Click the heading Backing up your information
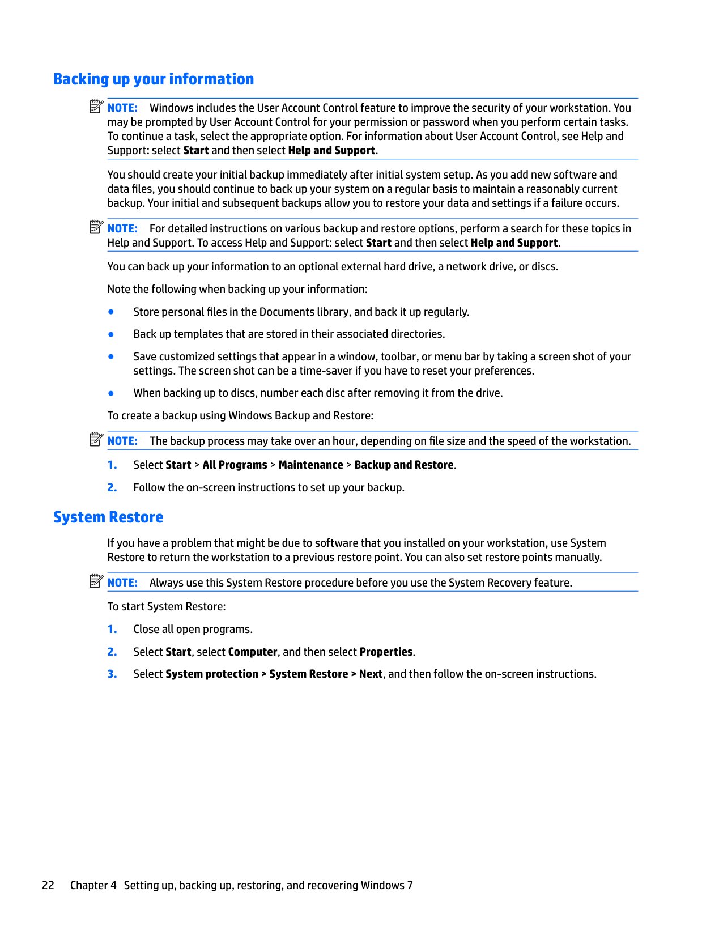tap(154, 79)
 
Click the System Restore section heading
tap(108, 517)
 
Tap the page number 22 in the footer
tap(48, 885)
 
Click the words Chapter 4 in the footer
tap(93, 885)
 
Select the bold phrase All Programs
tap(235, 465)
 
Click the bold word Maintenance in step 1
tap(310, 465)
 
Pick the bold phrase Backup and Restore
tap(404, 465)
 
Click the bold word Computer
tap(253, 652)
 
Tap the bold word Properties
tap(386, 652)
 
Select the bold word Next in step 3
tap(371, 674)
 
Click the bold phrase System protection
tap(212, 674)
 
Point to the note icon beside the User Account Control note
tap(96, 107)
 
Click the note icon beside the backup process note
tap(96, 440)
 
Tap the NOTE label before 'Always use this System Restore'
tap(122, 583)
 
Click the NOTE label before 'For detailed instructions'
tap(122, 229)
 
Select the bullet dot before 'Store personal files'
tap(111, 312)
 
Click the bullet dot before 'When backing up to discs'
tap(111, 393)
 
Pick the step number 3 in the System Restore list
tap(112, 674)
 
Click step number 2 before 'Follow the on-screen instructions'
tap(112, 488)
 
